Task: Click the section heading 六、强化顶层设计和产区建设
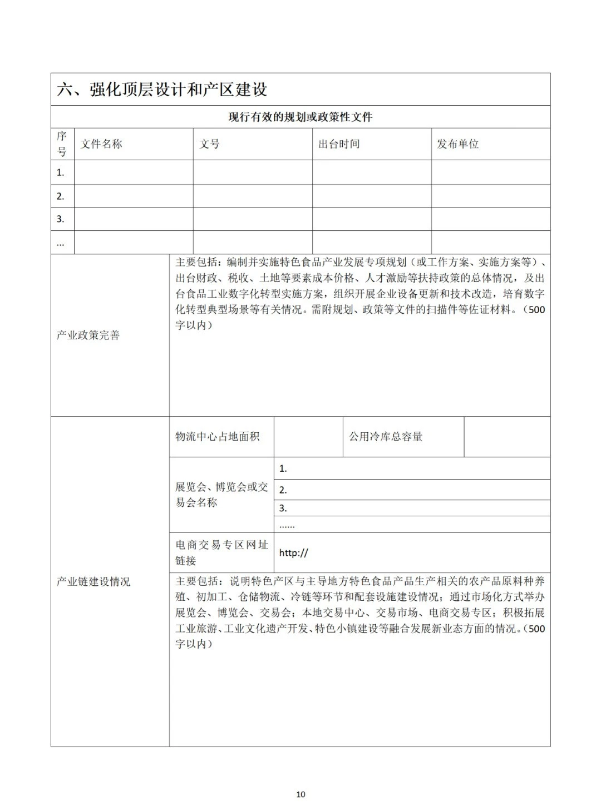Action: (x=162, y=90)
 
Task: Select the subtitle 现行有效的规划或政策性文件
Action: (x=300, y=117)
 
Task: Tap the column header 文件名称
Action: (x=101, y=144)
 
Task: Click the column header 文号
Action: (x=210, y=144)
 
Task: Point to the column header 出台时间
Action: (x=339, y=144)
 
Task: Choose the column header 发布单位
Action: (x=457, y=144)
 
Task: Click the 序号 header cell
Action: (x=62, y=144)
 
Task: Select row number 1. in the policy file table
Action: (x=61, y=172)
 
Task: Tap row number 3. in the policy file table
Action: (x=61, y=219)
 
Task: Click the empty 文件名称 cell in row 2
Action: (x=134, y=196)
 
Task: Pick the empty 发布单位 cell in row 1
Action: (x=490, y=172)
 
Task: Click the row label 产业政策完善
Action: (x=88, y=335)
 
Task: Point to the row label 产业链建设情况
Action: (x=93, y=582)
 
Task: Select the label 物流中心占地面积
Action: (x=218, y=437)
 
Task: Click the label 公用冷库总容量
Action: (x=386, y=437)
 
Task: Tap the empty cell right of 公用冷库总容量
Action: (x=506, y=437)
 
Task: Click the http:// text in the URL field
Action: (x=293, y=553)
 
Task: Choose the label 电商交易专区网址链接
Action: (x=221, y=552)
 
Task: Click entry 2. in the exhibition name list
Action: (x=283, y=490)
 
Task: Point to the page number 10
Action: (x=300, y=794)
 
